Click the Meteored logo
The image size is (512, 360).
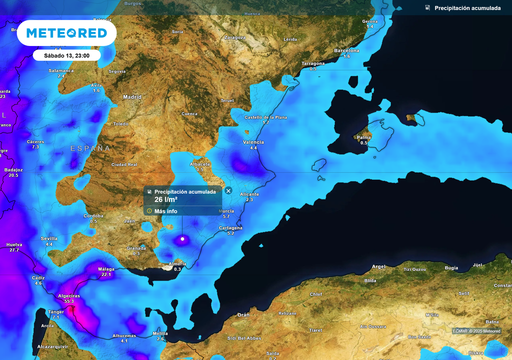tap(66, 33)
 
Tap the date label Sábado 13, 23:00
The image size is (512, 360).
tap(66, 55)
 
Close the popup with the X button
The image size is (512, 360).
tap(228, 190)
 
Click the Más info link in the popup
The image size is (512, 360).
tap(165, 211)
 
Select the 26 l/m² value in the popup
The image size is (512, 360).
tap(166, 199)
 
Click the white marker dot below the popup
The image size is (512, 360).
tap(182, 239)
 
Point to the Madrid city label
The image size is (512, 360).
tap(132, 97)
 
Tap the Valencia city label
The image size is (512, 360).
tap(253, 142)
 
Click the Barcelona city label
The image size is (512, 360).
tap(346, 50)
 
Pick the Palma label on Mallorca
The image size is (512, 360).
tap(363, 137)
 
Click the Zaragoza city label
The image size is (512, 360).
tap(235, 37)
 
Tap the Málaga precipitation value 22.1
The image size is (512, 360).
tap(106, 274)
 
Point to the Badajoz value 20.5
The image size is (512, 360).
tap(13, 175)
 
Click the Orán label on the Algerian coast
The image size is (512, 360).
tap(243, 315)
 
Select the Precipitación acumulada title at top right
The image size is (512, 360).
tap(467, 8)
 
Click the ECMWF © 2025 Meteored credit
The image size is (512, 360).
tap(476, 331)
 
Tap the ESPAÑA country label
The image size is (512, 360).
tap(90, 148)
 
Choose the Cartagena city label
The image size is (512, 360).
tap(230, 228)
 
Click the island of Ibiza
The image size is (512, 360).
tap(318, 165)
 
